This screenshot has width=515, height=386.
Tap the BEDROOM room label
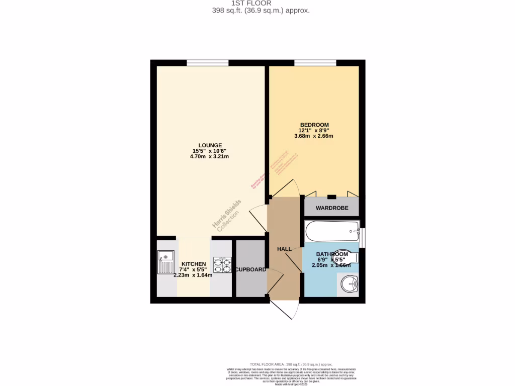(x=314, y=125)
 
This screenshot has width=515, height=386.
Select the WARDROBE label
(x=331, y=208)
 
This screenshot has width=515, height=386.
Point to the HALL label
(x=284, y=249)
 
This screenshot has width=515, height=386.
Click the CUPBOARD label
(x=251, y=270)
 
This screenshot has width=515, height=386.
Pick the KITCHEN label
(x=193, y=264)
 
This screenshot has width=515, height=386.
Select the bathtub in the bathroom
(x=332, y=231)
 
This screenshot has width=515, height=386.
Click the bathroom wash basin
(x=349, y=285)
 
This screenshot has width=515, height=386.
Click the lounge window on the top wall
(x=207, y=63)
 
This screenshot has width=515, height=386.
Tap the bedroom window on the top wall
(x=315, y=63)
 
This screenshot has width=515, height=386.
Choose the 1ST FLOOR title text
(x=257, y=3)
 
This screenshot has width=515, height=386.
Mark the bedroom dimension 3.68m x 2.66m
(x=314, y=136)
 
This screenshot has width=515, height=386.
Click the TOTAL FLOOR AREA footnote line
(x=291, y=364)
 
